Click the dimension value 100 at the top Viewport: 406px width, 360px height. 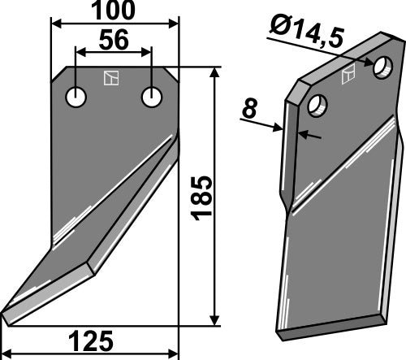[114, 11]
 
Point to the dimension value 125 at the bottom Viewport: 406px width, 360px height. [90, 340]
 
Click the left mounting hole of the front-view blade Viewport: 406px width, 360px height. [76, 98]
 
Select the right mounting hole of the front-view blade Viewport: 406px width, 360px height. [151, 97]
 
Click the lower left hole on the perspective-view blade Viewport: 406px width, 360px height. [317, 105]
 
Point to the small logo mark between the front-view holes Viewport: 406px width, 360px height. [110, 79]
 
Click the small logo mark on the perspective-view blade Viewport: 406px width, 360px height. [349, 75]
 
